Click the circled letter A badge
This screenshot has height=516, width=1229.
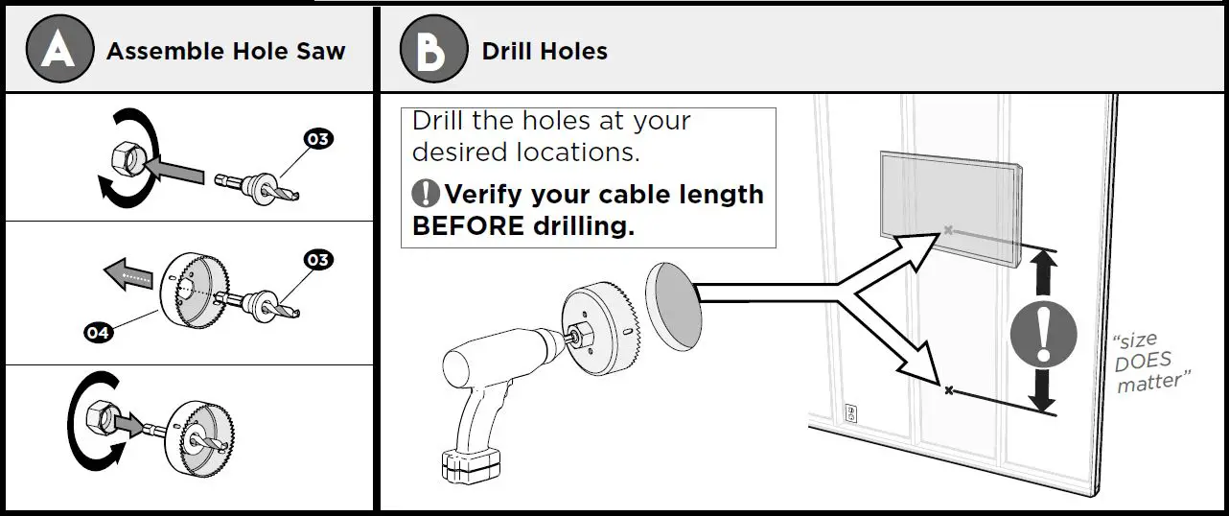click(59, 49)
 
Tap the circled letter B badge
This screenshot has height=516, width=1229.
click(434, 49)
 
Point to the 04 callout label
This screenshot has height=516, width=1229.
click(98, 332)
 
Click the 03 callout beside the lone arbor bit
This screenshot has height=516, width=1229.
click(318, 139)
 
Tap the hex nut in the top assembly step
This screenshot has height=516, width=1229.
click(128, 158)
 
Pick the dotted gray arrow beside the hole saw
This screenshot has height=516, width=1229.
click(128, 274)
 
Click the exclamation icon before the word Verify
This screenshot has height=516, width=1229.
click(426, 193)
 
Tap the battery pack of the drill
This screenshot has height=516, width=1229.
click(471, 465)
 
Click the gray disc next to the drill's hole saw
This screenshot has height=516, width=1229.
click(674, 307)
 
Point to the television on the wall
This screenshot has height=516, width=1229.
click(951, 208)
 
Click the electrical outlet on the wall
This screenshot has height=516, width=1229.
click(850, 412)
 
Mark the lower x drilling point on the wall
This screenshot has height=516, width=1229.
click(949, 390)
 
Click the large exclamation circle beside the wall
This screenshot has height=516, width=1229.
click(1044, 334)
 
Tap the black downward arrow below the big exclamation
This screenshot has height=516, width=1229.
click(1042, 391)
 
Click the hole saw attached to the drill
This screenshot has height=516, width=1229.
click(601, 328)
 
